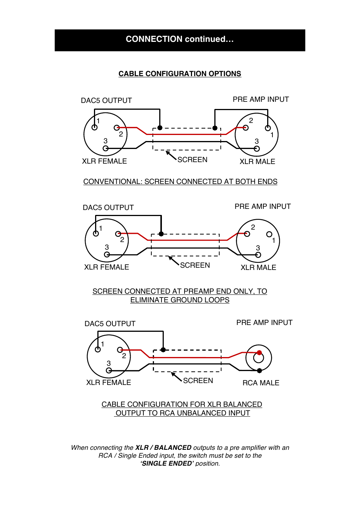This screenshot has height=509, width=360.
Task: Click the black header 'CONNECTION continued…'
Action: pos(180,40)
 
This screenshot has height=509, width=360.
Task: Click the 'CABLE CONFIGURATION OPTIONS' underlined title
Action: pos(180,74)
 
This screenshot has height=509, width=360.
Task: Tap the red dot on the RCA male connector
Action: pos(259,353)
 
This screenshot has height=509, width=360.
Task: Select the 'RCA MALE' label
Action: pos(261,383)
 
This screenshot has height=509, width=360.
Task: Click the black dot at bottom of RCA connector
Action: pos(259,371)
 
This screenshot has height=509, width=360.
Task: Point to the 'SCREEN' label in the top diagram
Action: pos(192,160)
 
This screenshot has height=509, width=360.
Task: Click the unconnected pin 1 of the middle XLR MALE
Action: pos(269,234)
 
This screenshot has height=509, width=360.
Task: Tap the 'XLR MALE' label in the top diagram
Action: pos(257,162)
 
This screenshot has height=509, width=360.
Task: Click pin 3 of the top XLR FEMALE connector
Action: pos(106,149)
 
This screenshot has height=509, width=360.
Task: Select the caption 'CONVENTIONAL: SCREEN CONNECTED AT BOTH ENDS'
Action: pos(180,182)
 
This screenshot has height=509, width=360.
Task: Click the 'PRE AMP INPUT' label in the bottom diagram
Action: pos(264,323)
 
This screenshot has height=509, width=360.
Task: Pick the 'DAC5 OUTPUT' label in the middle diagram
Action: pos(108,208)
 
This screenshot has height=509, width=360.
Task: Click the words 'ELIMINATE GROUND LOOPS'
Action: pos(180,300)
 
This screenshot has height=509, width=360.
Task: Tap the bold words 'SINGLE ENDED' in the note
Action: pos(167,464)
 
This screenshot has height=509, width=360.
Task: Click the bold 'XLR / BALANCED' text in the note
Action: pos(163,448)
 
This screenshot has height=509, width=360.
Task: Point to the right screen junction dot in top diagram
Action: pos(215,128)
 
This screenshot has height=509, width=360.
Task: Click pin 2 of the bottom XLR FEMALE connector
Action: pos(120,350)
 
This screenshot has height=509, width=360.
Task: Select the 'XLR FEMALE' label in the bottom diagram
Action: pos(109,383)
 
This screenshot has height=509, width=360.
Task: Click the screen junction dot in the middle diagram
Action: pos(161,234)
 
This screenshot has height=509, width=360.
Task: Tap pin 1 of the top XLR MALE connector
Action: pos(268,128)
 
